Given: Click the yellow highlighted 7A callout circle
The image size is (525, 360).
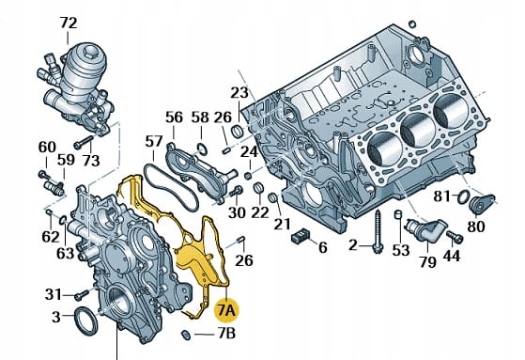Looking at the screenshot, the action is tap(226, 310).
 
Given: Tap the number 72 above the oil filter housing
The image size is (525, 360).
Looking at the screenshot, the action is tap(69, 23).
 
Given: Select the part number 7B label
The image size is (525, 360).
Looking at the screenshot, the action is tap(226, 334).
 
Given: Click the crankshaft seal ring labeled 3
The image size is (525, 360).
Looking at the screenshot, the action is tap(86, 321).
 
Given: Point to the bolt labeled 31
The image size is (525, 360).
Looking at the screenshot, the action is tap(82, 295).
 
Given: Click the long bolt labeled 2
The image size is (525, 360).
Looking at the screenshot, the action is tap(378, 232).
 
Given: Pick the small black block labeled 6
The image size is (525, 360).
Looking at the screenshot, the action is tap(301, 235).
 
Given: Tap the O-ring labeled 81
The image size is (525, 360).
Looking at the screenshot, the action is tap(463, 196).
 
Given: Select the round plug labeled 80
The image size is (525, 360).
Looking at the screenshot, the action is tap(480, 204).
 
